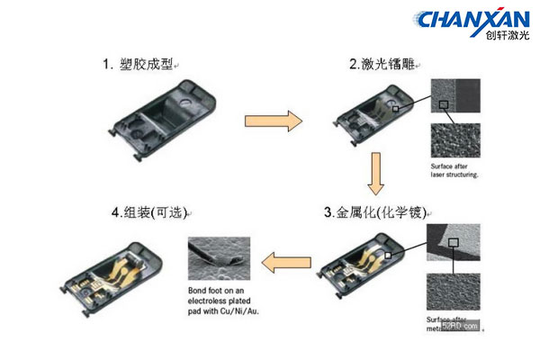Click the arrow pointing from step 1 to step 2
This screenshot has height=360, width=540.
[273, 119]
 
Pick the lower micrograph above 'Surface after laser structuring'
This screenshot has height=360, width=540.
[457, 139]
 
